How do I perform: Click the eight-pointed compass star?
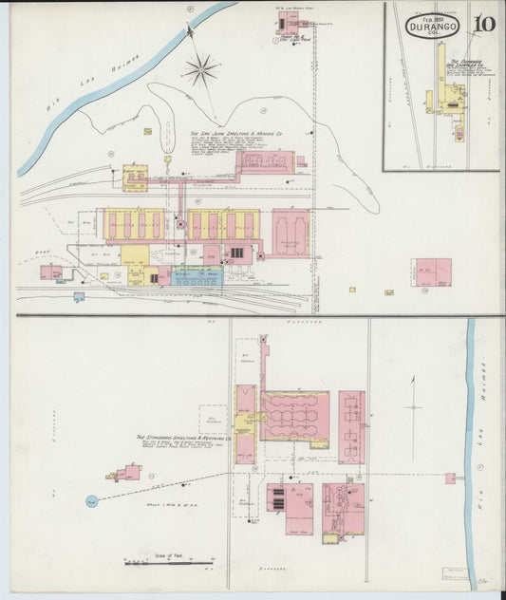point(201,67)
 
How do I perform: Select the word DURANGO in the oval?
point(433,28)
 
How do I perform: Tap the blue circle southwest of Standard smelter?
point(92,500)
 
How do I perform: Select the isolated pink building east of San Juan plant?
point(432,272)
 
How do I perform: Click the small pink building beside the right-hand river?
point(451,478)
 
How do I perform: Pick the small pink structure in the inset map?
point(459,134)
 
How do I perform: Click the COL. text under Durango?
point(433,39)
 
